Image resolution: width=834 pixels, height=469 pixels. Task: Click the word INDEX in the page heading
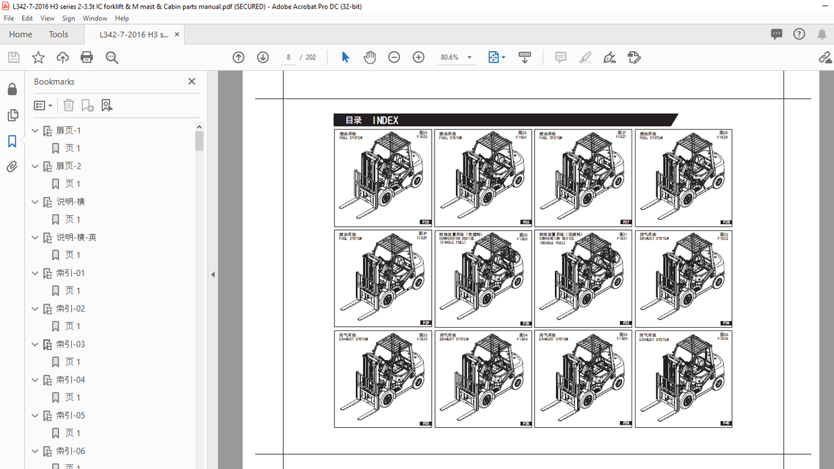(x=385, y=120)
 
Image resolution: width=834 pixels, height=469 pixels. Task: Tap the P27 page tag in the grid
(x=625, y=222)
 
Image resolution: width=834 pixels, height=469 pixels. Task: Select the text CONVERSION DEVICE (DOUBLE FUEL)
(x=557, y=240)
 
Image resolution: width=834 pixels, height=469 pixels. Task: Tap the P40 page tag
(x=726, y=423)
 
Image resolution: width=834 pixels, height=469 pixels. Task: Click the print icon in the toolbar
(x=87, y=57)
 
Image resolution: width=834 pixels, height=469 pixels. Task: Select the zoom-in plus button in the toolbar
(x=418, y=57)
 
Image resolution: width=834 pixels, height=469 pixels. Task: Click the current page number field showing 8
(x=289, y=57)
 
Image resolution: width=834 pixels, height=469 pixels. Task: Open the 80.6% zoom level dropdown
(x=469, y=58)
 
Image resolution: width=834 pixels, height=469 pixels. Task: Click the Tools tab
(x=59, y=34)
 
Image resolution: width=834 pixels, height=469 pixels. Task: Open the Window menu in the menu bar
(x=95, y=18)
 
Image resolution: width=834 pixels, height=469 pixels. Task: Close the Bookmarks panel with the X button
(x=192, y=81)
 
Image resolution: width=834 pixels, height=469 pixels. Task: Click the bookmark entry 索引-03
(x=70, y=345)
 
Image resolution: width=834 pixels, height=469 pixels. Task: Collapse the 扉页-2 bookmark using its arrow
(x=35, y=166)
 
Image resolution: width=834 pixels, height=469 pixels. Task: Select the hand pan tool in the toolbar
(x=370, y=57)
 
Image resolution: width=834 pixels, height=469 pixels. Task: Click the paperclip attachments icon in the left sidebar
(x=12, y=167)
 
